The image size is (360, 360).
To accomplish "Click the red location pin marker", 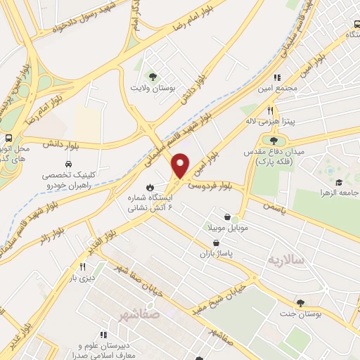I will (181, 165).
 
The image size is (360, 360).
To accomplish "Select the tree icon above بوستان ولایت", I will (153, 76).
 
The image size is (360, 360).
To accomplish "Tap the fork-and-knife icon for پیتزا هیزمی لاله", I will (270, 110).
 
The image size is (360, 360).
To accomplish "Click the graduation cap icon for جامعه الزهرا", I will (338, 182).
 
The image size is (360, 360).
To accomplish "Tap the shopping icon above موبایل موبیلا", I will (226, 217).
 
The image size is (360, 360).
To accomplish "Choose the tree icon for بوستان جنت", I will (301, 303).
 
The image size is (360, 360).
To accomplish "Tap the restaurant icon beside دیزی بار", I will (82, 266).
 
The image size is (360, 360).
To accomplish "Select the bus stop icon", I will (8, 139).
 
